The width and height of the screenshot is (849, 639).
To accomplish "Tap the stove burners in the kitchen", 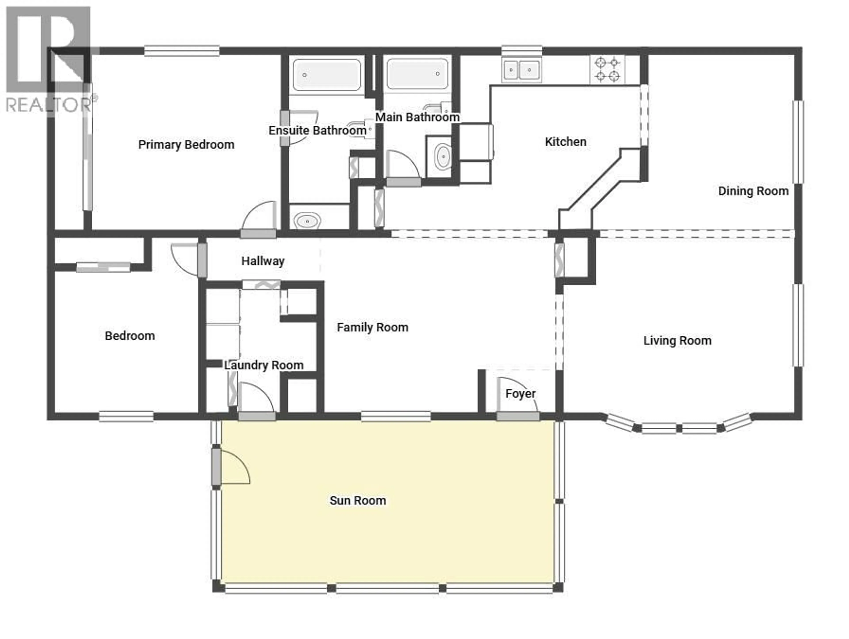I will (x=607, y=69).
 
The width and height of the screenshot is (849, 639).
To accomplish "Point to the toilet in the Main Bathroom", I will (x=443, y=156).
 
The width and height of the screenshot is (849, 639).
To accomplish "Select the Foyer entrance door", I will (x=518, y=416).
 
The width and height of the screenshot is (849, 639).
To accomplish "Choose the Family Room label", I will (x=372, y=327).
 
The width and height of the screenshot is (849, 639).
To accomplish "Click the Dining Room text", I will (x=753, y=191).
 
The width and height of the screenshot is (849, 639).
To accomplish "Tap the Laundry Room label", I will (x=264, y=365).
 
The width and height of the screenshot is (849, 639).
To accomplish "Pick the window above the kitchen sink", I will (x=522, y=51).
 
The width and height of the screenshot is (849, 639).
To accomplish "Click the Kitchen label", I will (x=565, y=142).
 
